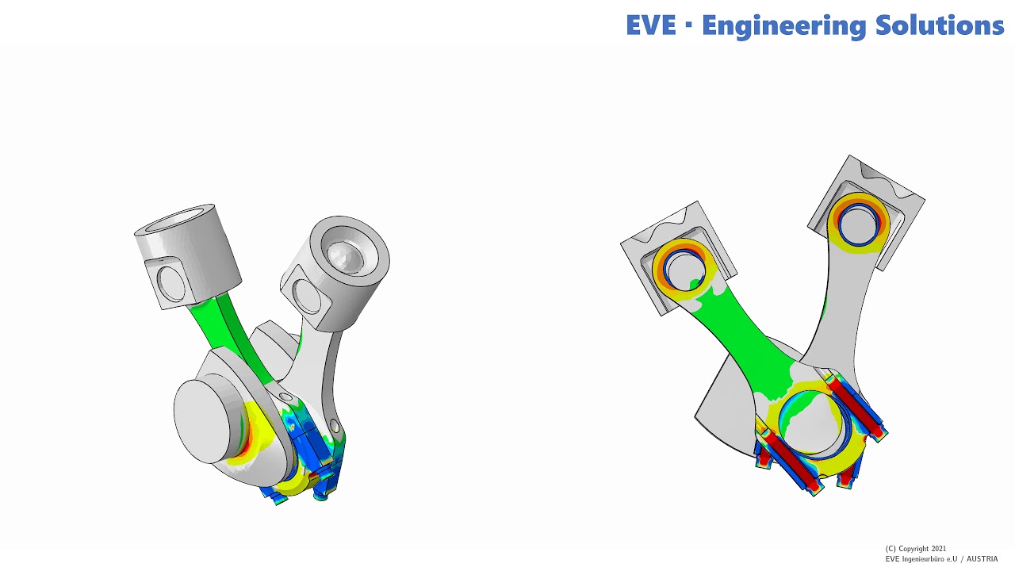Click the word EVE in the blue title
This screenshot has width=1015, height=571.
pyautogui.click(x=650, y=25)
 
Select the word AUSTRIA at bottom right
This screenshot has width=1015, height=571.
pyautogui.click(x=982, y=559)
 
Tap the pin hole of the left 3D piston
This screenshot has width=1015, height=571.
pyautogui.click(x=170, y=282)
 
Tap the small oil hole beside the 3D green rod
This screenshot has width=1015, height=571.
pyautogui.click(x=285, y=395)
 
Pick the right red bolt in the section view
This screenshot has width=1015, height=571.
pyautogui.click(x=858, y=408)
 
